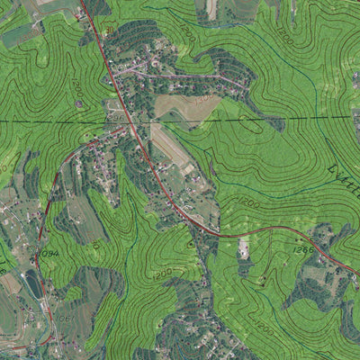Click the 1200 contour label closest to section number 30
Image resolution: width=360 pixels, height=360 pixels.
77,87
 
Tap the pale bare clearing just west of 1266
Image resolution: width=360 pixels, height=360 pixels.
244,247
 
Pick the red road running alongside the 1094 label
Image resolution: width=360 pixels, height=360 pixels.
39,252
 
